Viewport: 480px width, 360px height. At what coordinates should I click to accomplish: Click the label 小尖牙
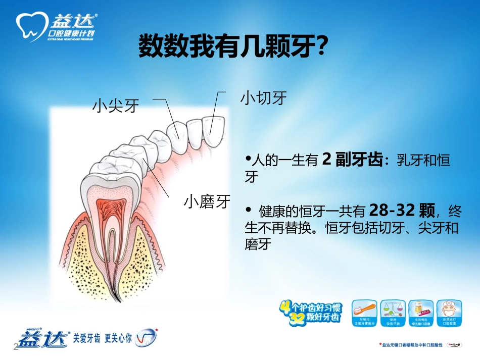[115, 106]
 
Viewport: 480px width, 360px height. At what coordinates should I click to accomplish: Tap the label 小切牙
[263, 97]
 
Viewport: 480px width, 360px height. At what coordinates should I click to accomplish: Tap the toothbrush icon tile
[367, 312]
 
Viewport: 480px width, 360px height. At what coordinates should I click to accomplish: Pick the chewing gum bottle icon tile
[420, 312]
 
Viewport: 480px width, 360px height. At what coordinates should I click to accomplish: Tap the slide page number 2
[15, 348]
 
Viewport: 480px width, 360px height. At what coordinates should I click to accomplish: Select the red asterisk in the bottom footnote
[380, 344]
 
